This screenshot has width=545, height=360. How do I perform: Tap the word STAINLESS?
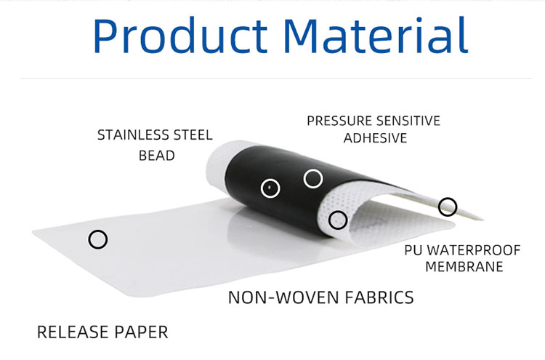(x=134, y=135)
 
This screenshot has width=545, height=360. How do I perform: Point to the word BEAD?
(x=157, y=156)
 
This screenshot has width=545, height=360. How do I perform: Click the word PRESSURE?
(x=337, y=120)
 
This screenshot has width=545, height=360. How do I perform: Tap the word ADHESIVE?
(x=375, y=138)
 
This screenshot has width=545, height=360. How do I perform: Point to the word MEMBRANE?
(x=464, y=267)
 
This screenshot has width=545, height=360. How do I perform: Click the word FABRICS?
(x=377, y=297)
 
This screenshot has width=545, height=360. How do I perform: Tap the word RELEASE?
(x=71, y=332)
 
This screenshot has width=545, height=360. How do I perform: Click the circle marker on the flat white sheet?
(x=97, y=239)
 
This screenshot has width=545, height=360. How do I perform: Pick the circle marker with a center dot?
(x=270, y=188)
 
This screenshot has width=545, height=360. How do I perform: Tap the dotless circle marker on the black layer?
(x=312, y=177)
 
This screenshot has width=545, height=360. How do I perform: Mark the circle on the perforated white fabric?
(x=338, y=219)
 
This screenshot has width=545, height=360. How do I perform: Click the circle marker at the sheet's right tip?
(x=448, y=207)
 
